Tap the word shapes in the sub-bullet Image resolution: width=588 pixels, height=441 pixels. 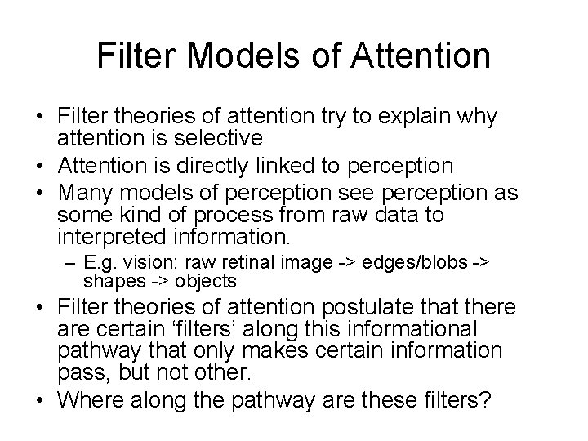click(x=107, y=283)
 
